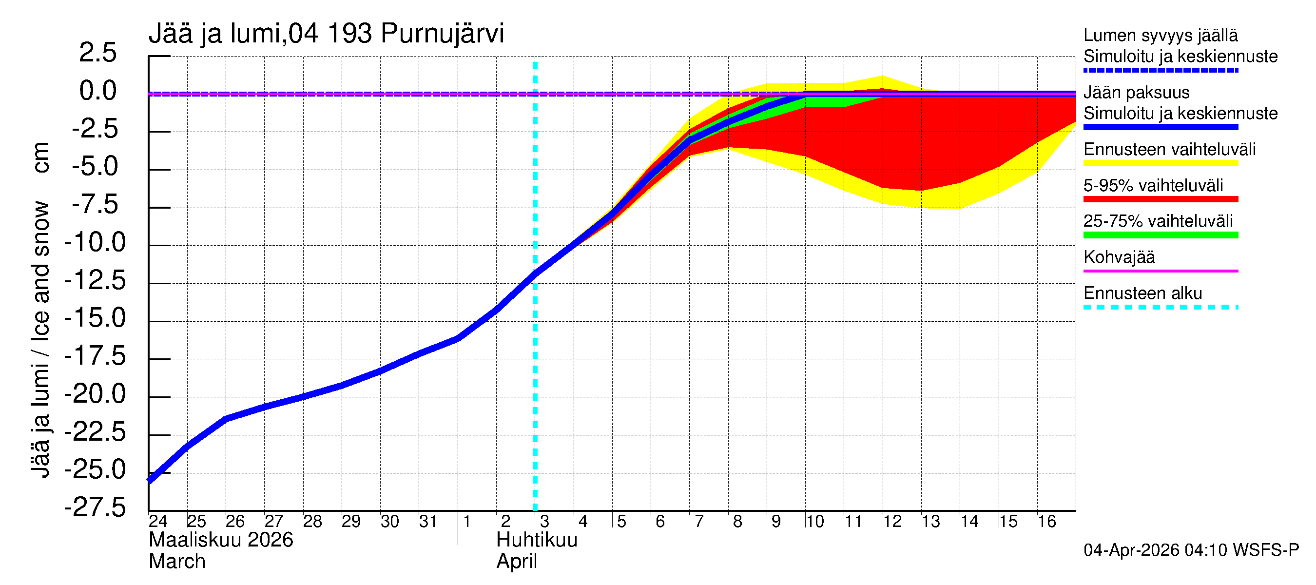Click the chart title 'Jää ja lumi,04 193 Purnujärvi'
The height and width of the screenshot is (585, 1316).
(326, 34)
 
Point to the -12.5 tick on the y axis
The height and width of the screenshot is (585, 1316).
(95, 281)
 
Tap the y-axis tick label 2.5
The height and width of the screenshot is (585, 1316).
(97, 53)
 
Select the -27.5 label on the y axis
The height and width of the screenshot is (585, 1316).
(95, 508)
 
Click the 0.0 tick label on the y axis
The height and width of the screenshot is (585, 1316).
(97, 92)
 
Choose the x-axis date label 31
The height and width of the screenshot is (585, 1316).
(427, 522)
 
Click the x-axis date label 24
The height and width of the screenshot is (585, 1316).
(158, 522)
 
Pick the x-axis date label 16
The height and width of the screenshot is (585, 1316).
(1046, 522)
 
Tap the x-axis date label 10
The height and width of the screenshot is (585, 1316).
(814, 522)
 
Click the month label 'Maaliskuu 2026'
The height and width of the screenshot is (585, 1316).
(221, 540)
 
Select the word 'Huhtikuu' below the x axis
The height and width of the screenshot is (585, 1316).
(537, 540)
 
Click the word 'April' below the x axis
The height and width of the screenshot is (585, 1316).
(517, 562)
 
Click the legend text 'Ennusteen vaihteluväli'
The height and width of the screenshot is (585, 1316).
(1169, 150)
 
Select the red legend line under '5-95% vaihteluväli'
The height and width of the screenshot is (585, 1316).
(1160, 199)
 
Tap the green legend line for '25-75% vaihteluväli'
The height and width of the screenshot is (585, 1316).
(1160, 235)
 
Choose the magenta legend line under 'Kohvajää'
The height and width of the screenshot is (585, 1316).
(1160, 271)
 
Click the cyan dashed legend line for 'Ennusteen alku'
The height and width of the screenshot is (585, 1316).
(1160, 307)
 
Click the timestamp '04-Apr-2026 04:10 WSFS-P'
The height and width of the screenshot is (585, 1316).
(1191, 550)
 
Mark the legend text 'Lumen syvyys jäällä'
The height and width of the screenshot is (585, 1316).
(1160, 36)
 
